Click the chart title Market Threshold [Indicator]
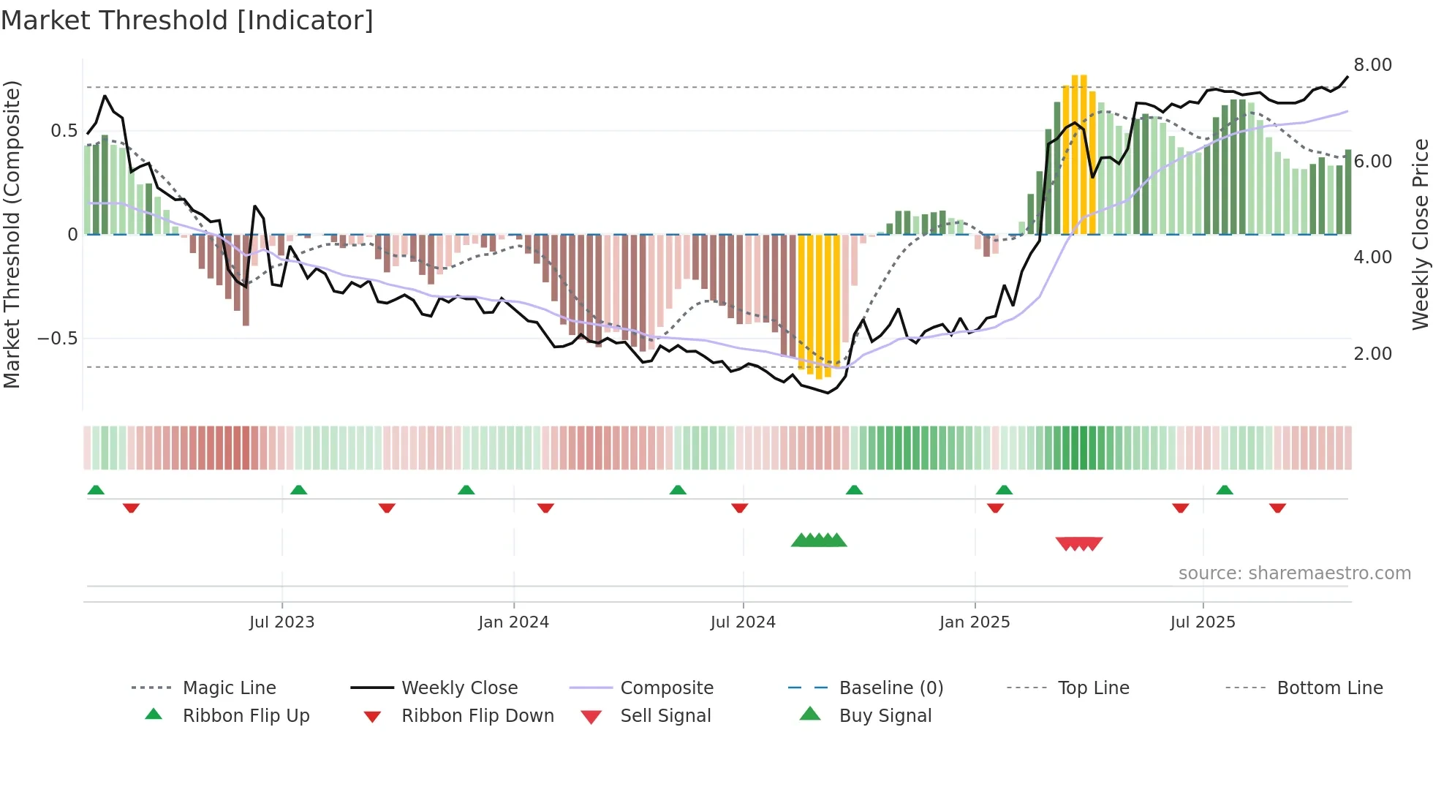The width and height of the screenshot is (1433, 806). (x=187, y=20)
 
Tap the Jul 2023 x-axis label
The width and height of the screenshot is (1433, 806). (x=281, y=622)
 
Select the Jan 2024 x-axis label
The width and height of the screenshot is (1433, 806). (x=513, y=622)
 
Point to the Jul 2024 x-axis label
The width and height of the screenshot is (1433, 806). (x=743, y=622)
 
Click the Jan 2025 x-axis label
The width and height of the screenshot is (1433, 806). (x=975, y=622)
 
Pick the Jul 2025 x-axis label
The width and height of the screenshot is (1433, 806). (x=1203, y=622)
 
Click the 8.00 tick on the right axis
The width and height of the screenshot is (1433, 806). (x=1372, y=65)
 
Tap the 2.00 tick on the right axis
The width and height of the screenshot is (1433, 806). (x=1372, y=354)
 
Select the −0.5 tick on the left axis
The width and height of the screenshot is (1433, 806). (x=57, y=339)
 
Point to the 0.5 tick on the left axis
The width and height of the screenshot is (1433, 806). (x=64, y=131)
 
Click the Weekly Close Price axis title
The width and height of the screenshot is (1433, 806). (x=1420, y=234)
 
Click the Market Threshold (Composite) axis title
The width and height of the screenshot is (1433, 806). (x=12, y=234)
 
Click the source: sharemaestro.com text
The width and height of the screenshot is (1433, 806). (x=1294, y=573)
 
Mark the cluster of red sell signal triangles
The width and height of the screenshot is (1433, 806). (x=1079, y=543)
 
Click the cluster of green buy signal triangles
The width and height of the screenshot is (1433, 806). (x=819, y=541)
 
